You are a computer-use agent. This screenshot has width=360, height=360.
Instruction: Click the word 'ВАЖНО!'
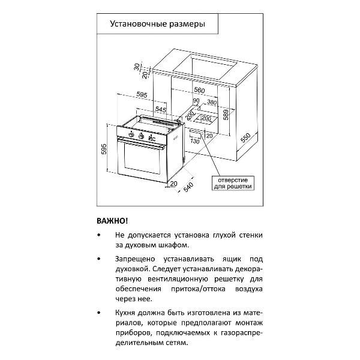[x=112, y=221]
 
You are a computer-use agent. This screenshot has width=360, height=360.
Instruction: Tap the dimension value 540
[x=187, y=187]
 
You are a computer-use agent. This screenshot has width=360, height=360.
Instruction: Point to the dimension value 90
[x=196, y=101]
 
